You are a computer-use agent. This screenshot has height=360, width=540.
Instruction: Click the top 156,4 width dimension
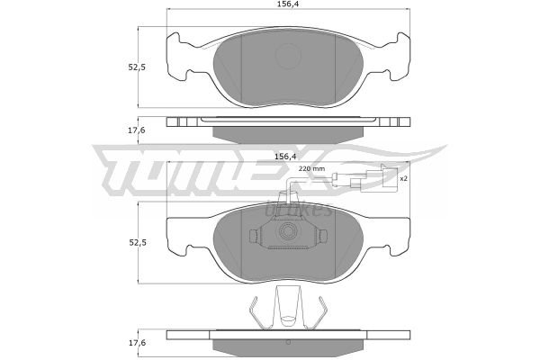[288, 4]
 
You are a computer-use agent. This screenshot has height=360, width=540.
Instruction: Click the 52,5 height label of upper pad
[137, 67]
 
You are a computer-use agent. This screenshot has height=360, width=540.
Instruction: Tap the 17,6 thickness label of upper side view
[137, 130]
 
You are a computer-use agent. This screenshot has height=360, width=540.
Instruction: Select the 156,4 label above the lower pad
[285, 157]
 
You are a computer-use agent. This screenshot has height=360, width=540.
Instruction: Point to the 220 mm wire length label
[311, 169]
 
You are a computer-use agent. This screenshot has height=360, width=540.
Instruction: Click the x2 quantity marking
[403, 178]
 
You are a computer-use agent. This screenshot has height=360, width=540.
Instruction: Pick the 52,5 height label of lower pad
[138, 242]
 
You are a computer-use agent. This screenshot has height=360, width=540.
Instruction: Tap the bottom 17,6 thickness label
[138, 343]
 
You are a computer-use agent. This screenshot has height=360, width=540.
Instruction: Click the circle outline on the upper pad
[288, 56]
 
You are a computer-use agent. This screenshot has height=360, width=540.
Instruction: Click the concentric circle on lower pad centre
[288, 231]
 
